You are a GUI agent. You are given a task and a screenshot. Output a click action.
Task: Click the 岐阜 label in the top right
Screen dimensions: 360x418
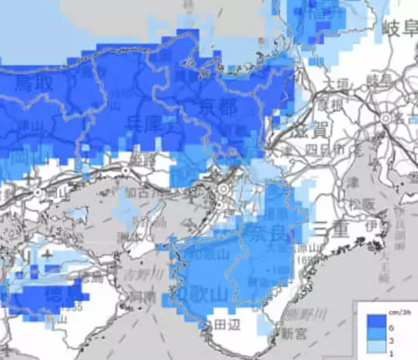click(x=399, y=29)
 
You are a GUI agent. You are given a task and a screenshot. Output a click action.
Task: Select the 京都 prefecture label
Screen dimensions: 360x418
click(x=217, y=108)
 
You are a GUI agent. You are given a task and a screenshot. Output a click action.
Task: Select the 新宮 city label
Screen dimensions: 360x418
click(x=293, y=334)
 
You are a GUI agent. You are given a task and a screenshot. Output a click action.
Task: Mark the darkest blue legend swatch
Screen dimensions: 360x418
click(x=373, y=320)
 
